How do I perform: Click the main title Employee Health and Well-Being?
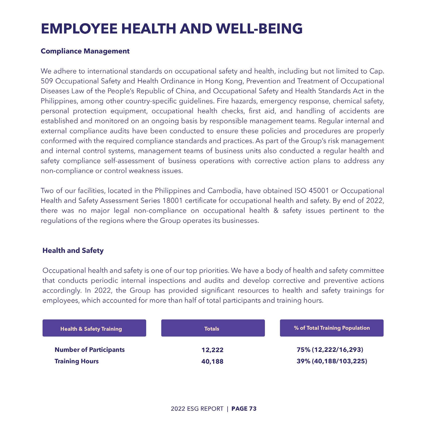tap(172, 28)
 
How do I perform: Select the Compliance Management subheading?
tap(85, 51)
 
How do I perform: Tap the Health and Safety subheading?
tap(73, 250)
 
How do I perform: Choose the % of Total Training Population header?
tap(332, 328)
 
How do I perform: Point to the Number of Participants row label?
tap(89, 350)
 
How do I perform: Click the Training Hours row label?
tap(77, 361)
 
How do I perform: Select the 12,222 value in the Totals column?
tap(212, 350)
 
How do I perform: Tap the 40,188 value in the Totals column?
tap(212, 361)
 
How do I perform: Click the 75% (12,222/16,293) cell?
tap(330, 350)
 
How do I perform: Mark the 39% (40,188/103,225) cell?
tap(332, 361)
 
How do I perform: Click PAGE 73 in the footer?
tap(244, 409)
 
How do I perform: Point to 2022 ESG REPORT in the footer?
tap(197, 409)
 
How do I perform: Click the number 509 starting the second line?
tap(47, 81)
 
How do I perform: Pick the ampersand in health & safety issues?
tap(276, 210)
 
